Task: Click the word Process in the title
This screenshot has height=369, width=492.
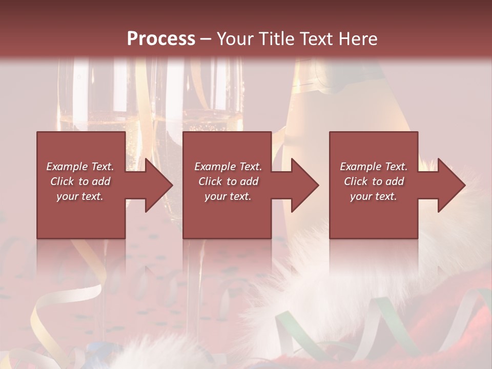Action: [x=161, y=39]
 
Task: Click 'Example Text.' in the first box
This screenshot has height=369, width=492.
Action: [x=80, y=167]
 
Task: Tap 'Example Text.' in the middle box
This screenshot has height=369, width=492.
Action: [x=228, y=167]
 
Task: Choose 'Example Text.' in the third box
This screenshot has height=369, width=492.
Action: [x=374, y=167]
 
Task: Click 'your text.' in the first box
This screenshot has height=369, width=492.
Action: [x=80, y=196]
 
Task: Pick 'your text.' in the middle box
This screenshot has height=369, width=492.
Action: [x=228, y=196]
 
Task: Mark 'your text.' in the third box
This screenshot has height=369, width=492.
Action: [x=374, y=196]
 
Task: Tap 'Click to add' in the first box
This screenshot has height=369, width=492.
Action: [x=80, y=181]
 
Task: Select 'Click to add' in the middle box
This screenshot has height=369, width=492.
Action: [x=228, y=181]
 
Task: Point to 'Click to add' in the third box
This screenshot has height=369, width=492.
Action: [x=374, y=181]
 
